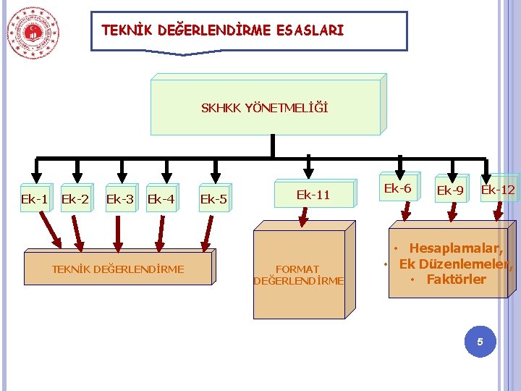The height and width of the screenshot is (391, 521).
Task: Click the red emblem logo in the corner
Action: pyautogui.click(x=33, y=32)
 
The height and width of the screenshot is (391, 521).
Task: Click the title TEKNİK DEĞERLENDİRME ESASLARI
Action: pyautogui.click(x=223, y=30)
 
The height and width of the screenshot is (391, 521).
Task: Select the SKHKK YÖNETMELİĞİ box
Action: pyautogui.click(x=264, y=108)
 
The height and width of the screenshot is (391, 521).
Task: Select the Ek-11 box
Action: pyautogui.click(x=313, y=194)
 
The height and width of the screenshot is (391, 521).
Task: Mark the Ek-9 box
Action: pyautogui.click(x=450, y=190)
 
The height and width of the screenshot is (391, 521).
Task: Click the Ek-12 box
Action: pyautogui.click(x=498, y=190)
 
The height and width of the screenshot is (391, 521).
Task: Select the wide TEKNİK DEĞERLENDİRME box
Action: pyautogui.click(x=118, y=269)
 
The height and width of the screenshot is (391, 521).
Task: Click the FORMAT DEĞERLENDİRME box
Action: pyautogui.click(x=300, y=274)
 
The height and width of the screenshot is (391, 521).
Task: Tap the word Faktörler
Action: pyautogui.click(x=456, y=279)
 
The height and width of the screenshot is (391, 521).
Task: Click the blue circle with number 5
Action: pyautogui.click(x=478, y=340)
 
